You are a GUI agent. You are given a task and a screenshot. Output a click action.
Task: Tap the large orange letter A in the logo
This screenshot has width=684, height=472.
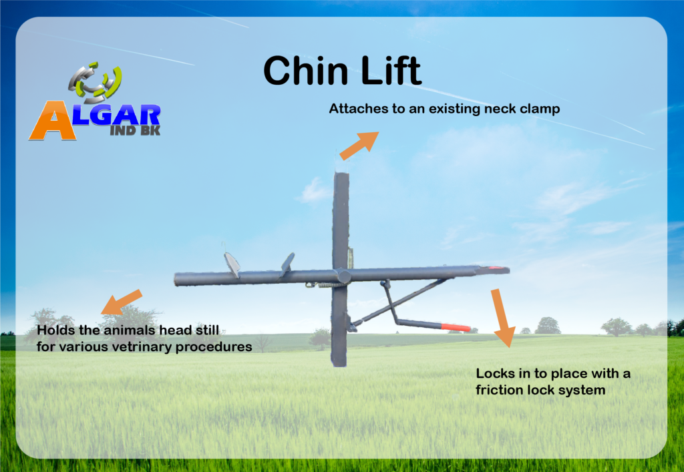[53, 120]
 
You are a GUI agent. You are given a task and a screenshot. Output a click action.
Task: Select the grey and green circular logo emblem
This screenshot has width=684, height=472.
[95, 81]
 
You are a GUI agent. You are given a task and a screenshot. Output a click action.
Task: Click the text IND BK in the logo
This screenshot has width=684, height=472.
[135, 130]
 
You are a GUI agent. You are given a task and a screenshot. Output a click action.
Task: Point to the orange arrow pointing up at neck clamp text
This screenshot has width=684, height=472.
[359, 145]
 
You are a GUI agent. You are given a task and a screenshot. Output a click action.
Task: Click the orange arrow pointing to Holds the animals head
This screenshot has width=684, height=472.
[122, 302]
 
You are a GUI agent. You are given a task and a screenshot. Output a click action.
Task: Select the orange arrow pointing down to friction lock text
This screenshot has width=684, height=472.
[502, 318]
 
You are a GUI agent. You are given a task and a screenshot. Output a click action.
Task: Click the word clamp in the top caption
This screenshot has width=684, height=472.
[540, 109]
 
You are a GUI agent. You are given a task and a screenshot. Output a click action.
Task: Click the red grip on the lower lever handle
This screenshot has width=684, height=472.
[456, 327]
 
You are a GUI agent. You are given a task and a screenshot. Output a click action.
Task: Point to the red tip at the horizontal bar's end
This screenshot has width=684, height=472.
[496, 268]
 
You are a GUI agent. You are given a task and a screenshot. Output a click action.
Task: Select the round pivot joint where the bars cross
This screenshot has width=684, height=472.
[343, 276]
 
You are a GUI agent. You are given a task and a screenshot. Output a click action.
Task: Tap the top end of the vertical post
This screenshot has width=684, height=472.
[341, 174]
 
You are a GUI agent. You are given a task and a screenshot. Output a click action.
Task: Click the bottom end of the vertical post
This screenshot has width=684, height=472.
[339, 365]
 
